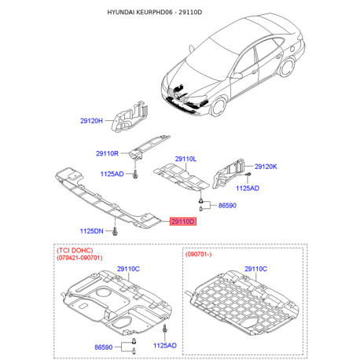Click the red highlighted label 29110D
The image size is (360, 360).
coord(183,222)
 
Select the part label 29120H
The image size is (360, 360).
coord(91,121)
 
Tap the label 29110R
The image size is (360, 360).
coord(107,153)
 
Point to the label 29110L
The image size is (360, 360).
coord(186,159)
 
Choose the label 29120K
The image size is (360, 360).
coord(266,167)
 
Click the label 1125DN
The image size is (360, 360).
coord(91,231)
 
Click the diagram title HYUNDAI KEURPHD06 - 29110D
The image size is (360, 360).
coord(155,13)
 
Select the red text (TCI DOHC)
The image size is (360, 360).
coord(75,250)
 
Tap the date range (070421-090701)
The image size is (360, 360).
coord(79,258)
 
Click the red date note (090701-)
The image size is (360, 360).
coord(198,254)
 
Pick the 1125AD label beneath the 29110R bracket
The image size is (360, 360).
coord(112,174)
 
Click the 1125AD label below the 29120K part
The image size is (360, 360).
coord(248,189)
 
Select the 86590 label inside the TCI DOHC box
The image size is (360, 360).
coord(104,347)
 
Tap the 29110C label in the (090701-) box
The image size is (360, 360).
coord(255,269)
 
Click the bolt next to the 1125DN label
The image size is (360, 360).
coord(115,231)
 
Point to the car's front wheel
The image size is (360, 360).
coord(218,107)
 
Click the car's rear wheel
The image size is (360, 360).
coord(287,67)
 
